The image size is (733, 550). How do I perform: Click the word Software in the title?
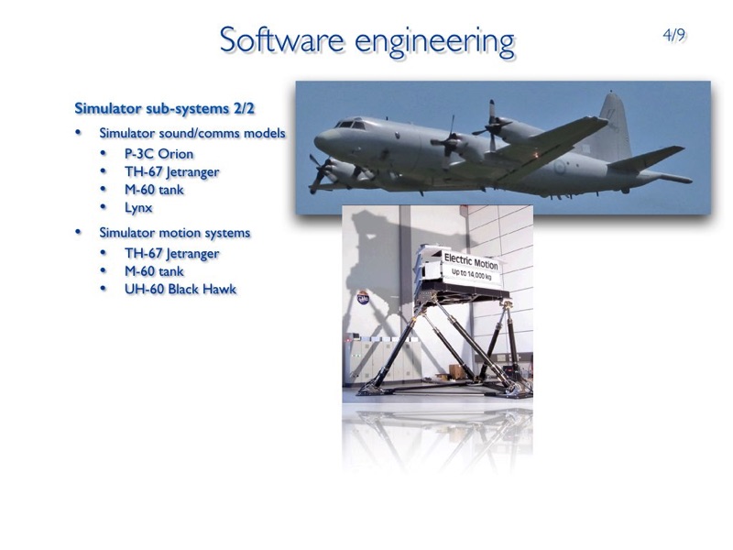(282, 39)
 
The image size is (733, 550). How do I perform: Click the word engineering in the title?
(434, 42)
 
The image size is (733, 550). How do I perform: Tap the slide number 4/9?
(674, 35)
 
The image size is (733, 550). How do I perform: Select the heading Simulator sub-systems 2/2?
(165, 108)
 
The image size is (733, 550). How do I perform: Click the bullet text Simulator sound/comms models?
(192, 133)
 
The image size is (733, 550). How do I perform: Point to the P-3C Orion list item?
(159, 154)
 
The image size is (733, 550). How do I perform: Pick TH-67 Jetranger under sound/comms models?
(171, 172)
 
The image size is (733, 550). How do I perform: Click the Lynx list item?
(138, 208)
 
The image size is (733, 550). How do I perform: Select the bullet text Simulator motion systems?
(175, 233)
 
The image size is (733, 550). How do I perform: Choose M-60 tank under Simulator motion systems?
(154, 271)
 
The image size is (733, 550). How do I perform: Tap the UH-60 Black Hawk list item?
(181, 289)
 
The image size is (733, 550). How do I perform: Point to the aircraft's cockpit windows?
(350, 125)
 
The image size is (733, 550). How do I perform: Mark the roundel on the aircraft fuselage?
(560, 167)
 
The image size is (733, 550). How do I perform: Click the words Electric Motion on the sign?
(471, 261)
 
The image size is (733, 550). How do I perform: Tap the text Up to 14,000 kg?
(471, 274)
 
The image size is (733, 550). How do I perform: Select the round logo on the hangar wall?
(363, 298)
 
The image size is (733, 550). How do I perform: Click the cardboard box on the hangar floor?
(456, 372)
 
